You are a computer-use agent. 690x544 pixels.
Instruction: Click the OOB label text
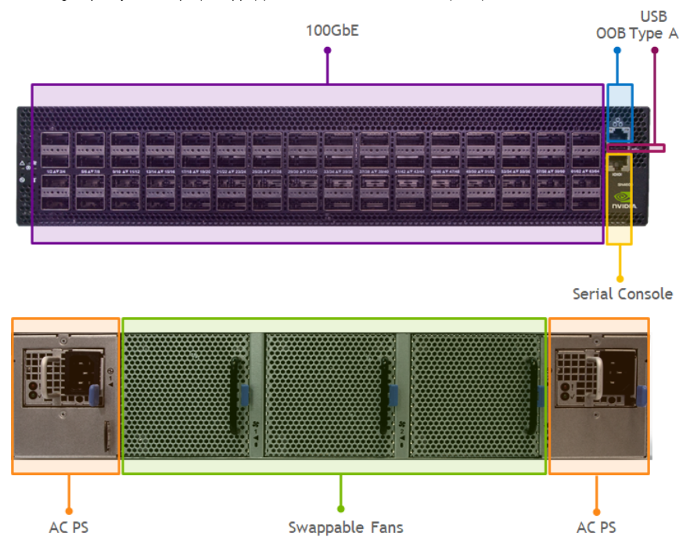(x=610, y=34)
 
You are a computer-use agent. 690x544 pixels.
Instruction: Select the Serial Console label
(x=622, y=294)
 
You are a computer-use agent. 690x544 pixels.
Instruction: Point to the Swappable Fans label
(x=345, y=528)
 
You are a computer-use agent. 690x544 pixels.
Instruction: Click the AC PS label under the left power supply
(x=69, y=528)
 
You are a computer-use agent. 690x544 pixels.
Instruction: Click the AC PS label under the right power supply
(x=596, y=528)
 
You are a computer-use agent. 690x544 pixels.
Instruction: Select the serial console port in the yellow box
(x=620, y=167)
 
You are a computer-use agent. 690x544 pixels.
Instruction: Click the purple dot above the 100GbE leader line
(x=327, y=50)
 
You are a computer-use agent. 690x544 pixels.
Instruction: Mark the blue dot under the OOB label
(x=616, y=50)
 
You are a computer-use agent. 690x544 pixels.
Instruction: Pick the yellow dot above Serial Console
(x=620, y=278)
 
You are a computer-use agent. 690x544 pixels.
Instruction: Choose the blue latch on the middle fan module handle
(x=392, y=391)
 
